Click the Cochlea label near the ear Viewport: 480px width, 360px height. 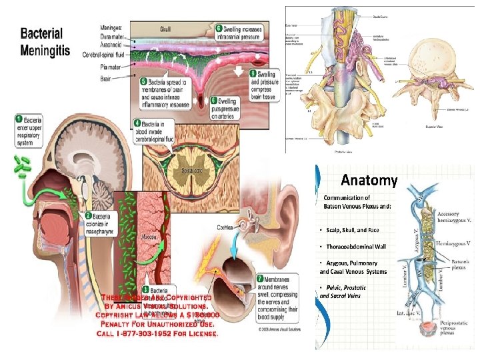225,227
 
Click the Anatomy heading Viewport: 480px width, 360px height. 369,180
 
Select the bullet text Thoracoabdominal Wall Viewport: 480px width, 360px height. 352,247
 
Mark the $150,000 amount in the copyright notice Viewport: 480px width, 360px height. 191,314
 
